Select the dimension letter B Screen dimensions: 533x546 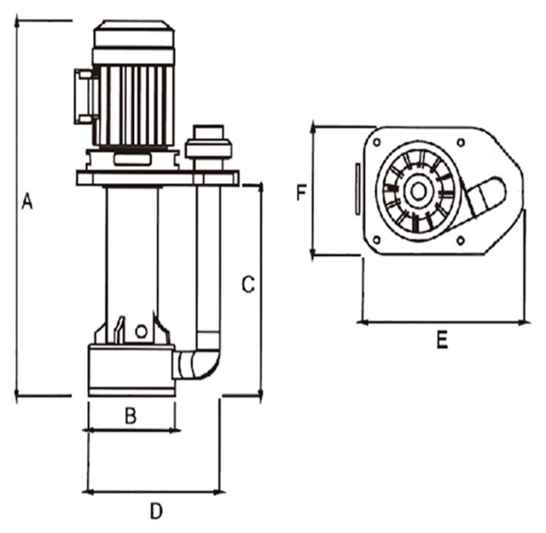(130, 416)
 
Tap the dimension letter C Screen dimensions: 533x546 (248, 284)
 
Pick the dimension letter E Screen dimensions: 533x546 (442, 339)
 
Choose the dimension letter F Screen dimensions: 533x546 (301, 193)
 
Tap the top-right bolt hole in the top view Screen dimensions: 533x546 (461, 141)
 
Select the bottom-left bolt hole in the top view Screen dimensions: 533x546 (375, 240)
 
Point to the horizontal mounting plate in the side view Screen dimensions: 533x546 (157, 177)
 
